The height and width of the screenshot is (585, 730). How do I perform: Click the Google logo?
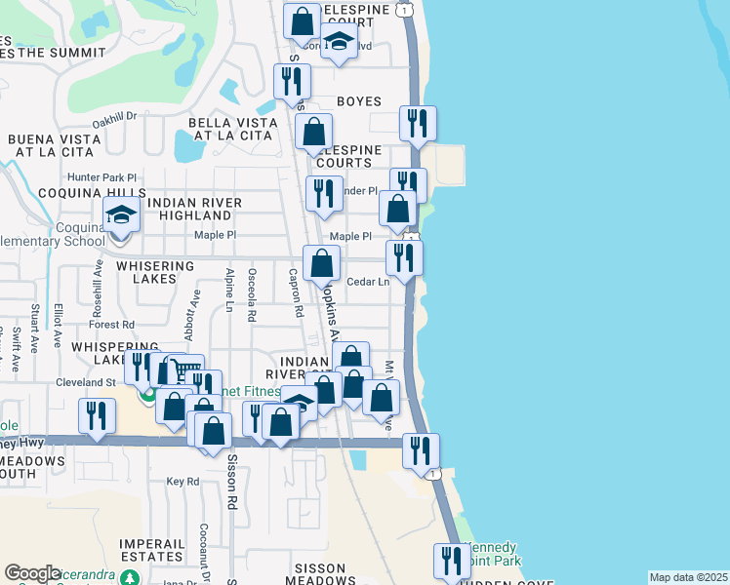coord(32,573)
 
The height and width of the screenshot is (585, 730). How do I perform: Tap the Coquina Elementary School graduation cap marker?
coord(122,215)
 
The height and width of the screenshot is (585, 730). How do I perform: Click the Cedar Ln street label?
coord(368,283)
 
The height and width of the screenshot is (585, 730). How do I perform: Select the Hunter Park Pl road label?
coord(101,177)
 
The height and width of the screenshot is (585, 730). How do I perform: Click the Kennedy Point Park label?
coord(493,555)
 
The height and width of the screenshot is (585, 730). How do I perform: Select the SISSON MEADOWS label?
coord(306,574)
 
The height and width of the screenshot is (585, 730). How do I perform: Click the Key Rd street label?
coord(182,482)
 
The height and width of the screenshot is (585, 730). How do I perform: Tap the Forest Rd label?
coord(114,325)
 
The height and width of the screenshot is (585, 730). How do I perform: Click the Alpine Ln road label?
coord(229,291)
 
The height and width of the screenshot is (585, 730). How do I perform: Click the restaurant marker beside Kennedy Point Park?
coord(452,561)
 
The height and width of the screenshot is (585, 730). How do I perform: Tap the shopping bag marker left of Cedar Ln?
coord(321,262)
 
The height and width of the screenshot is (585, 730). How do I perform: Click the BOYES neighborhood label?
coord(358,101)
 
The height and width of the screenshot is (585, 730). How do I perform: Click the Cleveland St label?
coord(86,383)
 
